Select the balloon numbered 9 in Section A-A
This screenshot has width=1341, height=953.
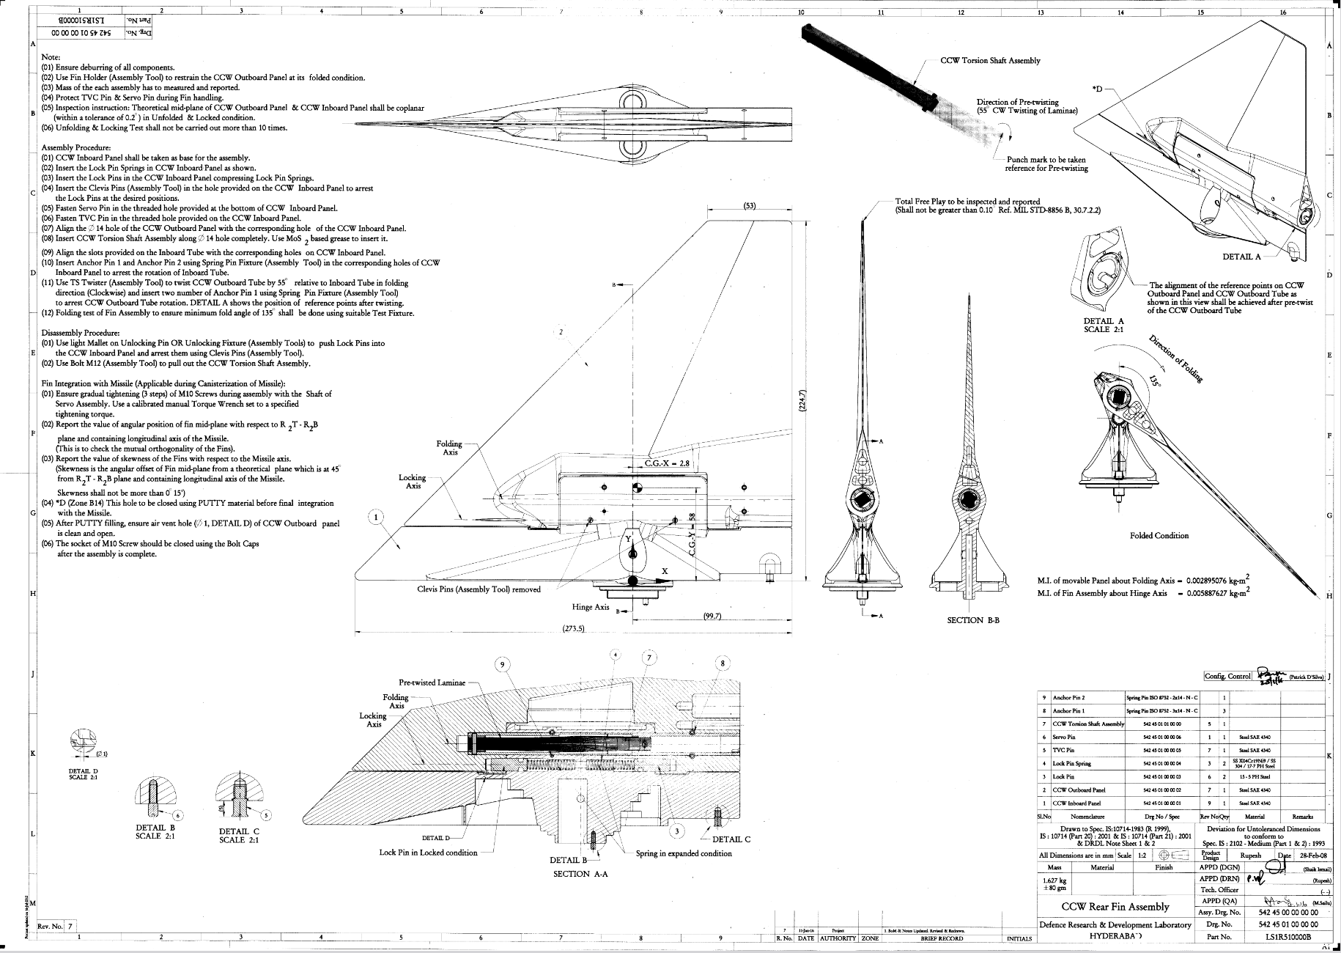point(502,665)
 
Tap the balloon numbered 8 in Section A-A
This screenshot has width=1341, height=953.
point(723,664)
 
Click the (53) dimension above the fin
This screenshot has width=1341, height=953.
point(749,205)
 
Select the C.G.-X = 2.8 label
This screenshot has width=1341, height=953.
point(667,464)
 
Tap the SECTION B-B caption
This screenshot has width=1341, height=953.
point(973,620)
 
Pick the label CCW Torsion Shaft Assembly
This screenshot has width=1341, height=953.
point(990,61)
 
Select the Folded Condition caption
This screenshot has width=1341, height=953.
point(1159,535)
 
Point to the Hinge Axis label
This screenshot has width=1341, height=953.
point(591,607)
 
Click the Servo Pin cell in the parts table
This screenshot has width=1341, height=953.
point(1064,737)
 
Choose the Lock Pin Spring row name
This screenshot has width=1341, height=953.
point(1071,763)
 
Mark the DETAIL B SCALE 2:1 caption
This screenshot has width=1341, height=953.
point(155,831)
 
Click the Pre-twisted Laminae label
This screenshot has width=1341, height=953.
point(432,682)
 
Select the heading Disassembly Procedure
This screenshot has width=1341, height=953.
point(81,333)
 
